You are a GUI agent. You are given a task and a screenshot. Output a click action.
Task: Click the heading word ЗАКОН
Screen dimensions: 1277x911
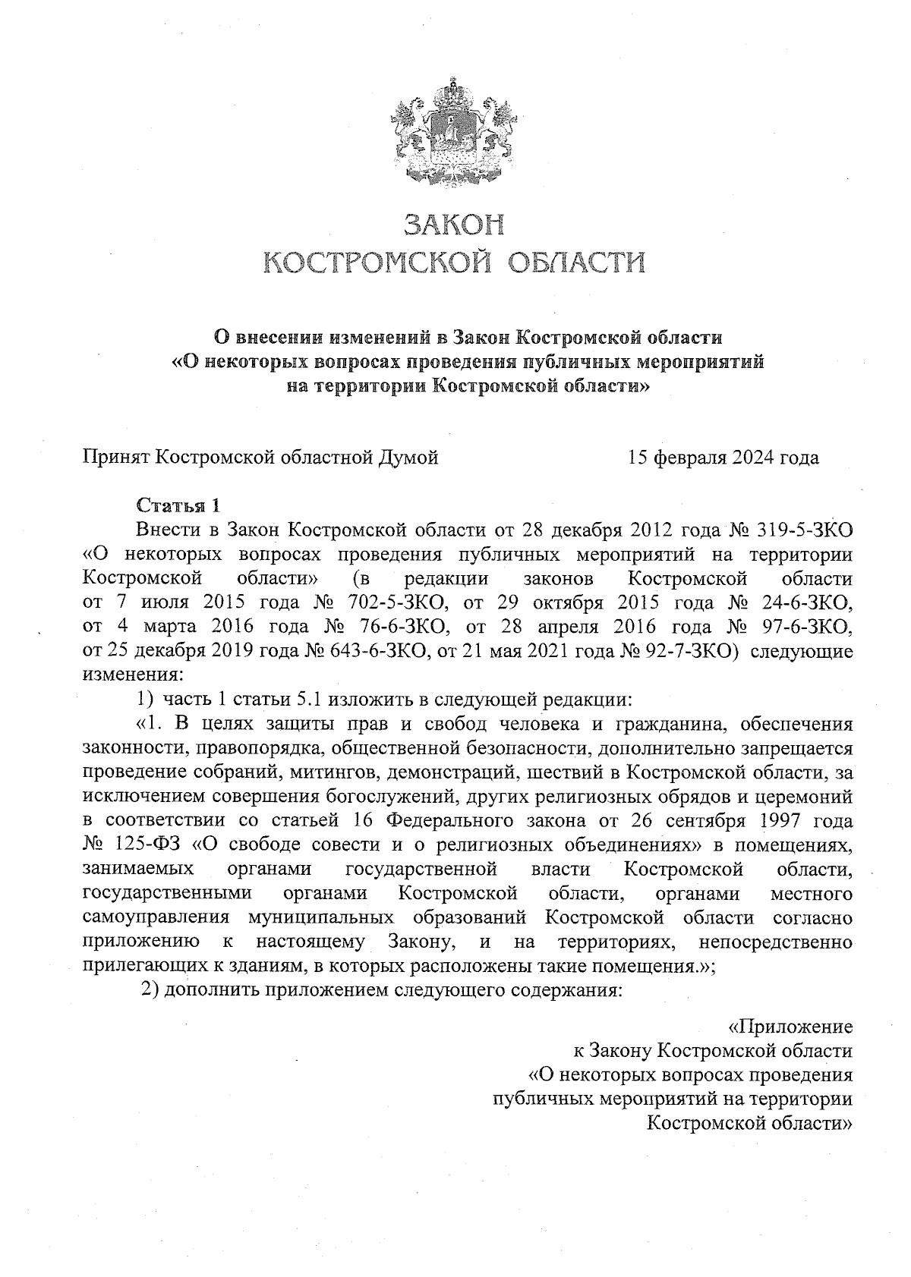(453, 225)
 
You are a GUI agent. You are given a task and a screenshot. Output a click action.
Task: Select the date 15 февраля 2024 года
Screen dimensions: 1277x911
(722, 458)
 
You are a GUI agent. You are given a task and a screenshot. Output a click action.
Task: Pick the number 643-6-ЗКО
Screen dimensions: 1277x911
(363, 651)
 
